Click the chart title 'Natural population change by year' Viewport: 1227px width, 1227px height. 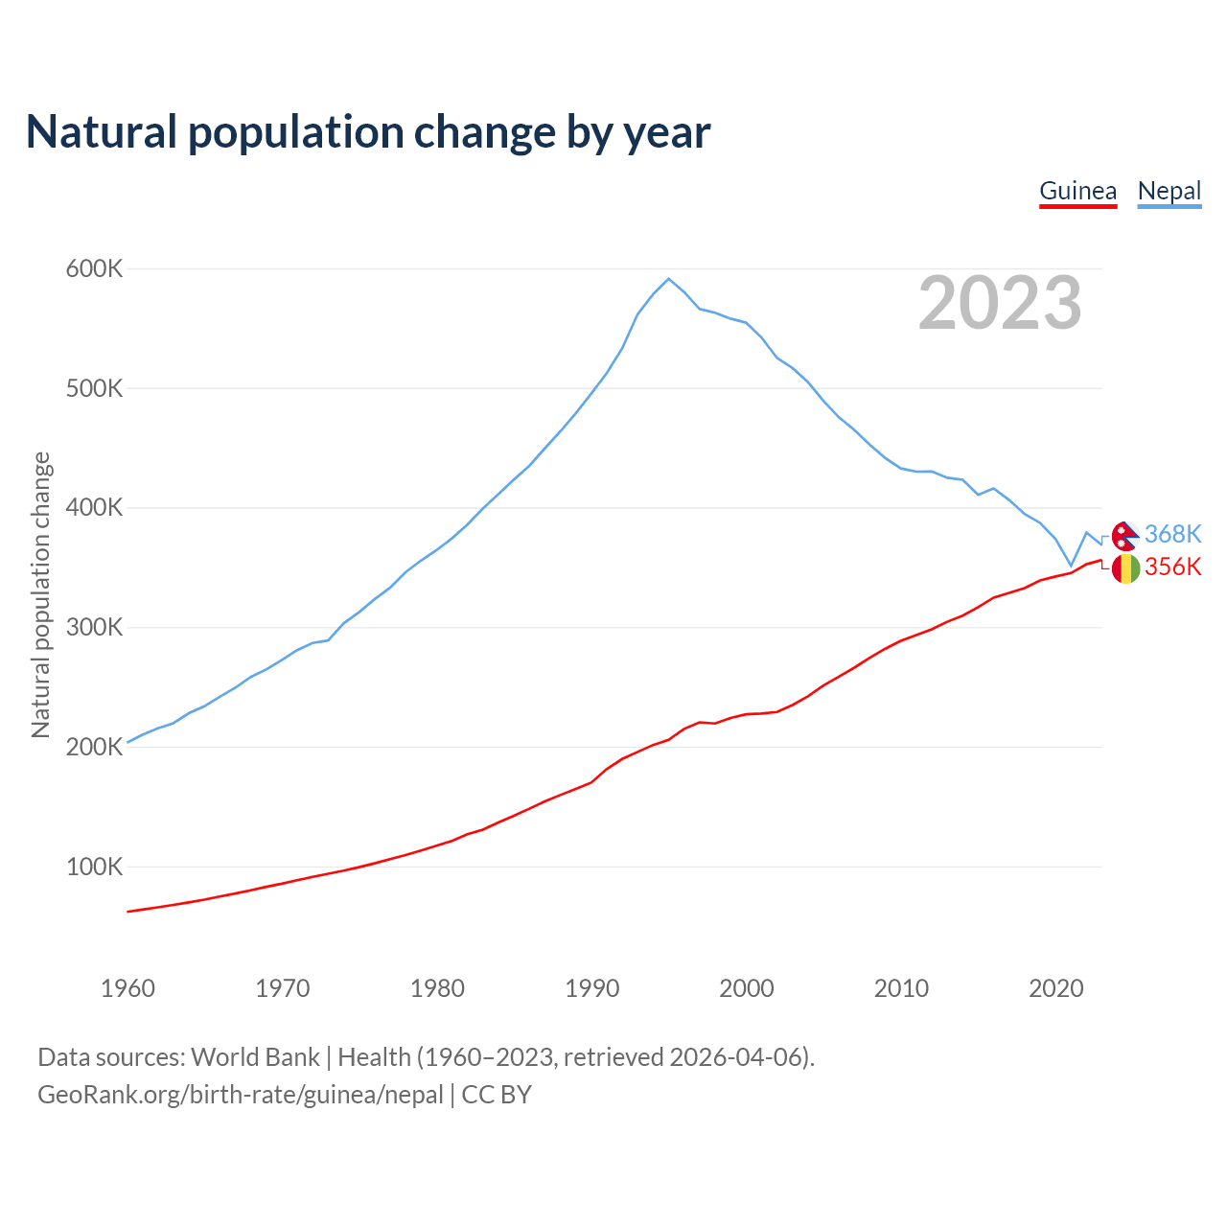(368, 132)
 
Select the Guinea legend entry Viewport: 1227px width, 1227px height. (1078, 191)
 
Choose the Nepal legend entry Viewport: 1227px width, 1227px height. (1169, 191)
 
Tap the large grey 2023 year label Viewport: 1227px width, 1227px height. (1000, 303)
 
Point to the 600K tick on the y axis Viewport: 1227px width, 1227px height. (95, 269)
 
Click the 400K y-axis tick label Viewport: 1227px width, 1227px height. (95, 508)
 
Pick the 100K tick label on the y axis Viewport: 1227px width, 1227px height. (95, 868)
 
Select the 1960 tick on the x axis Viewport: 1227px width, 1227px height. (127, 988)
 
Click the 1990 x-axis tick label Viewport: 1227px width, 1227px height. (592, 988)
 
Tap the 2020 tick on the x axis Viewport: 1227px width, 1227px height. (1056, 988)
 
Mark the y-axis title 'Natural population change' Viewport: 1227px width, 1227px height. (41, 595)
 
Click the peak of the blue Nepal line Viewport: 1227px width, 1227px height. (668, 279)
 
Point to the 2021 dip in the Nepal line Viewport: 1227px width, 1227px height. (1072, 566)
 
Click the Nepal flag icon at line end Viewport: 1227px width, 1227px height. (1125, 535)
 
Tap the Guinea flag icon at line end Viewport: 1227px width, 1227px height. (1125, 568)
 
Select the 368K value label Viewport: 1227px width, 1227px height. (1172, 534)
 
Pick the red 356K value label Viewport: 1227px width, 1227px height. (1172, 567)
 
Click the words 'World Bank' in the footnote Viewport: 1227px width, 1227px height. (255, 1057)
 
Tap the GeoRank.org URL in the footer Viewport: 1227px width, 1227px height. (241, 1095)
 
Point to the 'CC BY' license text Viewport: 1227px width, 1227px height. (497, 1095)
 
